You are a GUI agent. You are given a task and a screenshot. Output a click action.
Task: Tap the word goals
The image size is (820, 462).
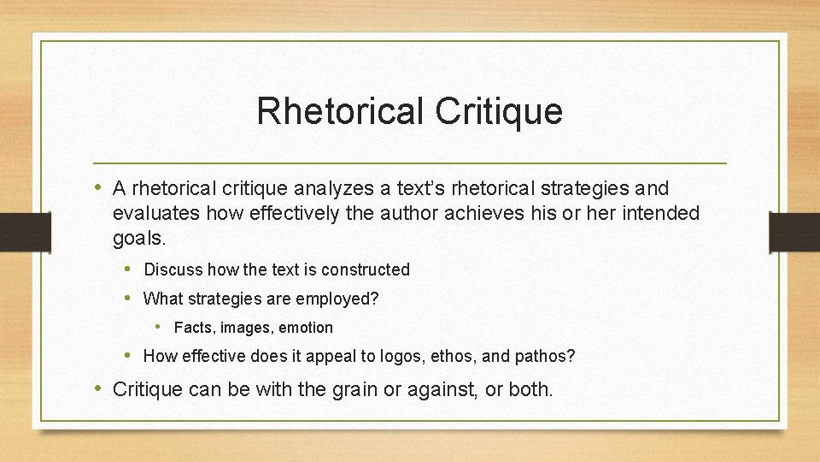(137, 238)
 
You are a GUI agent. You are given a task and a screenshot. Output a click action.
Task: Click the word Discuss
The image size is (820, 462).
(173, 269)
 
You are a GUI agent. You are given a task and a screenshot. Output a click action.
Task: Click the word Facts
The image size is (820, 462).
(195, 328)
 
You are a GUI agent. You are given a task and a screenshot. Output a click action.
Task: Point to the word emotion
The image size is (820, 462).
(305, 328)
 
